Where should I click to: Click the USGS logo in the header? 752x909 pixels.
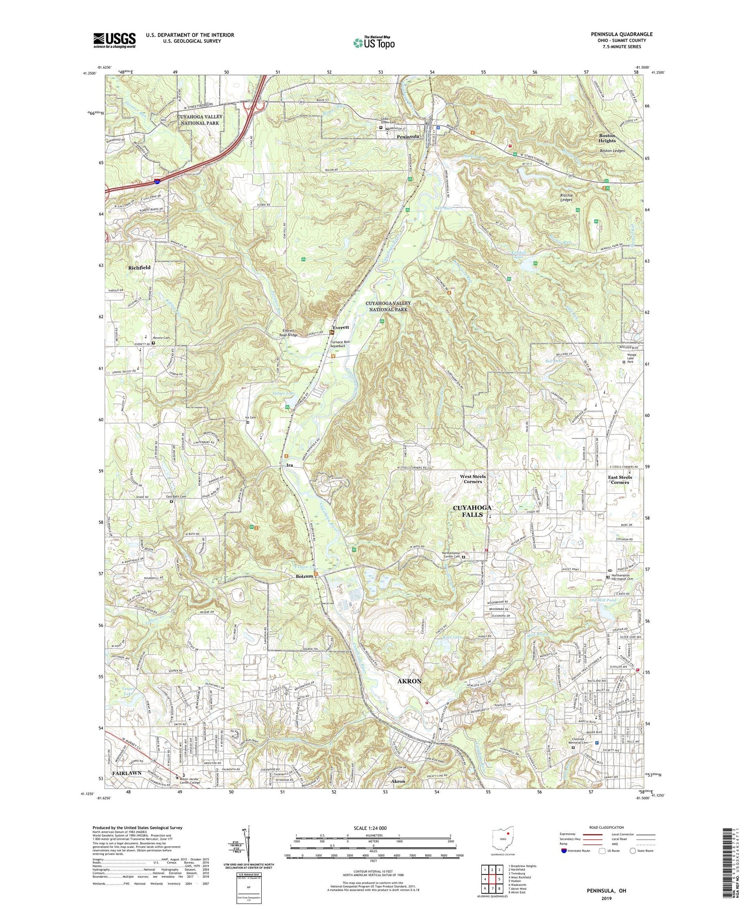pyautogui.click(x=114, y=40)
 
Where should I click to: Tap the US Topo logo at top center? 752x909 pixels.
pyautogui.click(x=373, y=43)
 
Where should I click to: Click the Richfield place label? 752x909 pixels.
pyautogui.click(x=139, y=268)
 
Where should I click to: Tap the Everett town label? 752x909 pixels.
pyautogui.click(x=340, y=327)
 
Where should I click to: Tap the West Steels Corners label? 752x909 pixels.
pyautogui.click(x=473, y=479)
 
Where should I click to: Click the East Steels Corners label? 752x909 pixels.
pyautogui.click(x=620, y=480)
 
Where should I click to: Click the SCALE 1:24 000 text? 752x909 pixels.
pyautogui.click(x=373, y=828)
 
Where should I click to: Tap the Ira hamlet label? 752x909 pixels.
pyautogui.click(x=289, y=466)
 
